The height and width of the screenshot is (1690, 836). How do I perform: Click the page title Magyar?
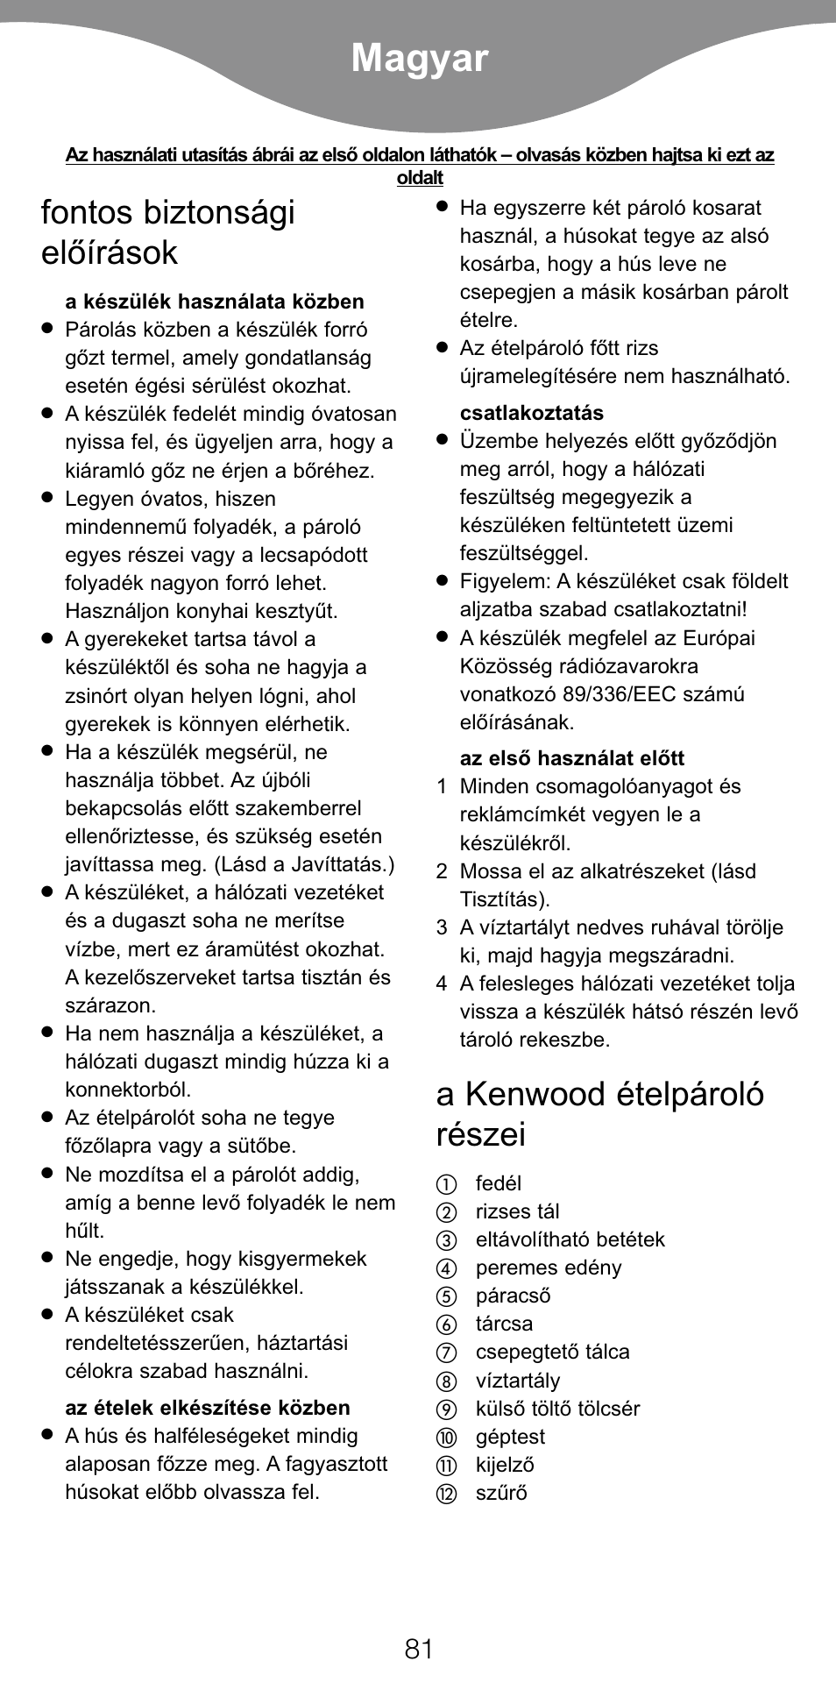[x=420, y=59]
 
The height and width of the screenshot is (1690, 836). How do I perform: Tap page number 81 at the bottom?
[x=419, y=1649]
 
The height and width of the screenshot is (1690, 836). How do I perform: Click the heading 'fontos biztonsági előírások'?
[x=167, y=232]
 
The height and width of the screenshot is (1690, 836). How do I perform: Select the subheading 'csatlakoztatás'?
[x=531, y=413]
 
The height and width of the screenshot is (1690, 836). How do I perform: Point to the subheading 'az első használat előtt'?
[x=571, y=758]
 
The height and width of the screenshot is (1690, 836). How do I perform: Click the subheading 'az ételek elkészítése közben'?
[x=207, y=1408]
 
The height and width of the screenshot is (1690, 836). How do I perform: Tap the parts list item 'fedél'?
[x=498, y=1183]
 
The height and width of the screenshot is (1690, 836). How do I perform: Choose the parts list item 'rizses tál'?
[x=517, y=1211]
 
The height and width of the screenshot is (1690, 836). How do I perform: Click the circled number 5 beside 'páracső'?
[x=447, y=1296]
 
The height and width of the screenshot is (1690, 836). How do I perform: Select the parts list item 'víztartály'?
[x=517, y=1381]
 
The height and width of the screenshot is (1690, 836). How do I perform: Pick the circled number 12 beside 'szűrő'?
[x=447, y=1494]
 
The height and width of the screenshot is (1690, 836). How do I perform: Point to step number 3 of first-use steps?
[x=442, y=927]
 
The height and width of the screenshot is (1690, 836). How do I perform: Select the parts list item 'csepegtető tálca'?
[x=552, y=1352]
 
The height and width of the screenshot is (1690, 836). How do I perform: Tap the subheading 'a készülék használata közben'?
[x=214, y=302]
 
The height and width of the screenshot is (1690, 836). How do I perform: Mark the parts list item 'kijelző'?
[x=504, y=1465]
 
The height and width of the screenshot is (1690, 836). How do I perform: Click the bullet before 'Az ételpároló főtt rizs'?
[x=443, y=348]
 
